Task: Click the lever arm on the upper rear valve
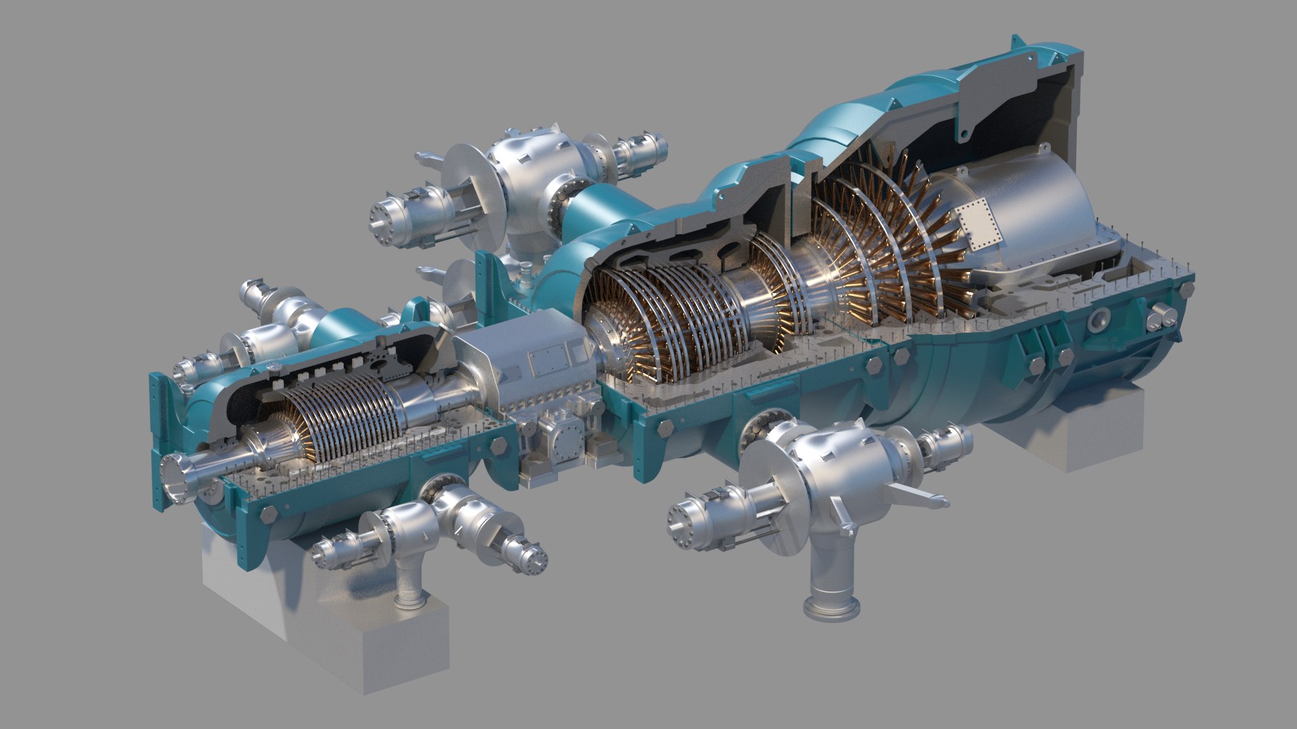click(425, 159)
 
